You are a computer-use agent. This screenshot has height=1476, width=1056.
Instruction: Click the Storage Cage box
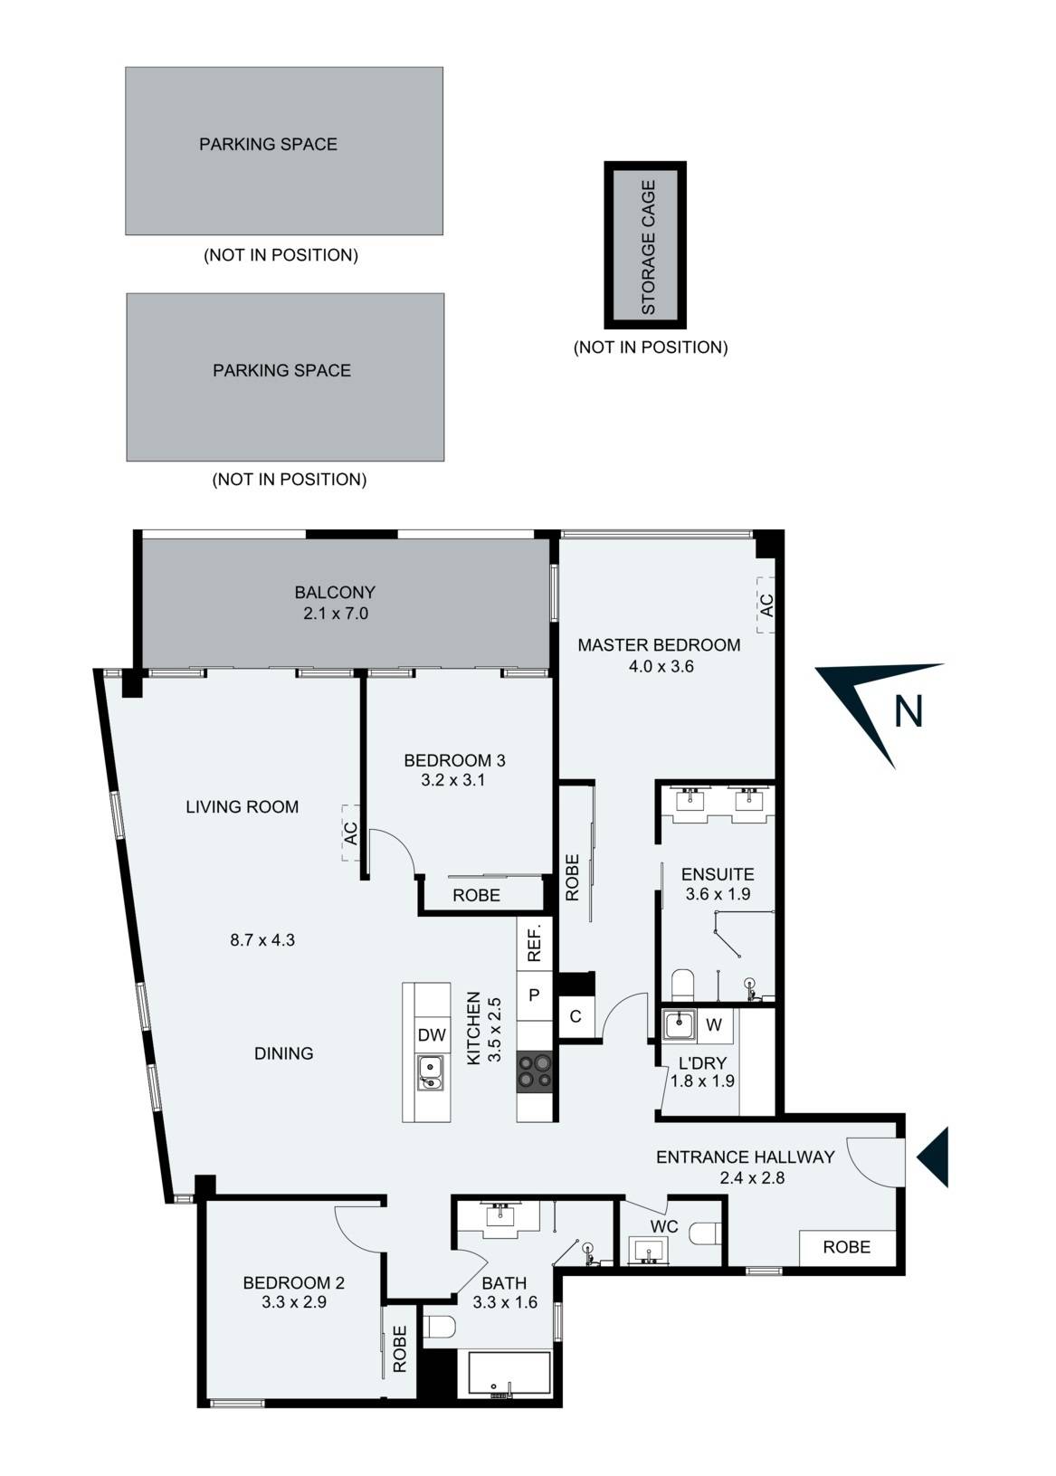click(x=646, y=245)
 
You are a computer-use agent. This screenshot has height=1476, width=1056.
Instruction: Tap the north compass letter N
click(x=908, y=711)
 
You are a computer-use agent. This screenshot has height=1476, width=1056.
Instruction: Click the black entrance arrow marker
click(x=934, y=1157)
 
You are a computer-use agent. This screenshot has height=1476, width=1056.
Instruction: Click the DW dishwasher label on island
click(x=432, y=1035)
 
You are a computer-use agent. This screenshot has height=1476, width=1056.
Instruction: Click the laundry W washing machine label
click(x=714, y=1024)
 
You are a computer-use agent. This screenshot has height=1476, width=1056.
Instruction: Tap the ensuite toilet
click(x=682, y=983)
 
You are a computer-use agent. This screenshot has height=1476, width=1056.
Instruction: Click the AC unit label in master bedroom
click(x=766, y=605)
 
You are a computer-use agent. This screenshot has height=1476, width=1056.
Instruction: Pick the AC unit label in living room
click(x=351, y=832)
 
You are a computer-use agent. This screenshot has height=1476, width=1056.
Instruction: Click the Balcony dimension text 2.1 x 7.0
click(x=336, y=614)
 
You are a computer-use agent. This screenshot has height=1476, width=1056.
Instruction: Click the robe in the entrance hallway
click(x=846, y=1247)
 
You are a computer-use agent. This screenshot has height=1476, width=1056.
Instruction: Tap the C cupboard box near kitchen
click(x=576, y=1017)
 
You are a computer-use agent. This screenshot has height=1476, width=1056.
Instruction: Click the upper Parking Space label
click(x=268, y=144)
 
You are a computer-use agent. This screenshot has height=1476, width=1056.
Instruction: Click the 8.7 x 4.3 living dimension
click(x=262, y=940)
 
